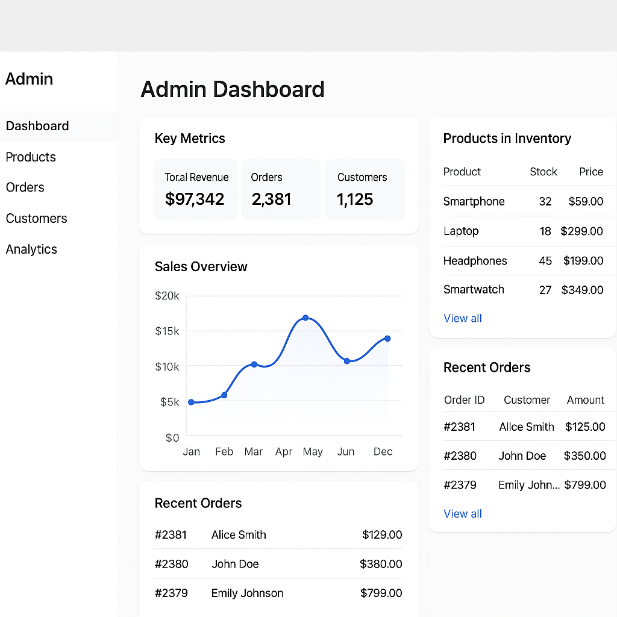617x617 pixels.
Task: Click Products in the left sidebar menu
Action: pos(31,157)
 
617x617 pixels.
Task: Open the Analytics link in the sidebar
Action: pos(31,249)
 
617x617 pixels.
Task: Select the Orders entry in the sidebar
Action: pos(25,187)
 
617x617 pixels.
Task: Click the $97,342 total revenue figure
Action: pos(195,199)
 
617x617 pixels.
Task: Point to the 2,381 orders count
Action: pos(271,199)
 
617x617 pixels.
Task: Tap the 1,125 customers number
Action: pos(355,199)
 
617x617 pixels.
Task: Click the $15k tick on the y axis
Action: pos(167,331)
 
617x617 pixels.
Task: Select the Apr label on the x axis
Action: pos(284,452)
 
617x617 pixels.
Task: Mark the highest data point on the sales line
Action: pos(305,318)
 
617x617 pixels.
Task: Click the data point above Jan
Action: pos(191,402)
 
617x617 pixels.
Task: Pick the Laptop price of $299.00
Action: pos(581,231)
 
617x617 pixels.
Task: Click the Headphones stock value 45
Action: pos(545,261)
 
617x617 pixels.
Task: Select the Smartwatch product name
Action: pos(474,290)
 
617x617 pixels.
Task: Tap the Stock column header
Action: pos(543,172)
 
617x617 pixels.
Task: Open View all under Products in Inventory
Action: pos(463,319)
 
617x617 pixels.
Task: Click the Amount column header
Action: pos(585,400)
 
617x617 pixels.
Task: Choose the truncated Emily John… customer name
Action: pos(529,485)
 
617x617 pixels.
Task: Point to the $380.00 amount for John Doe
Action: pos(381,565)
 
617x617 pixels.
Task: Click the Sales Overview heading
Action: pos(201,267)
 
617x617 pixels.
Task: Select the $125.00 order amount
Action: pos(585,427)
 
